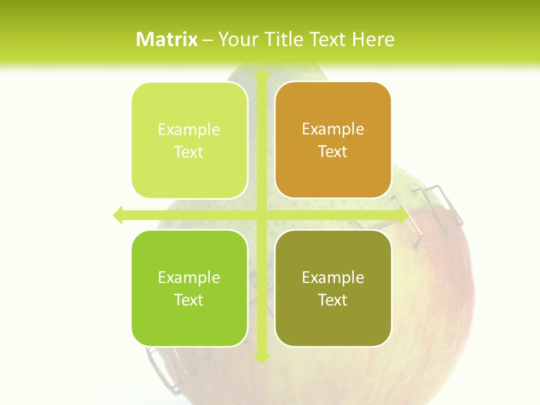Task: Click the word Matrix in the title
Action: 167,39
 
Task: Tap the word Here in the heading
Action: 373,39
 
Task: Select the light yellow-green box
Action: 190,141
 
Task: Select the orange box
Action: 333,140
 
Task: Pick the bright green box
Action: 190,288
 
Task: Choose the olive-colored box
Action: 333,288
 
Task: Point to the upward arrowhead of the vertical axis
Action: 261,74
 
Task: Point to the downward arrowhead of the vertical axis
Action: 261,358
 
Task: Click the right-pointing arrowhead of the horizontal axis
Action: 404,215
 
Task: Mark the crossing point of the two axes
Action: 261,215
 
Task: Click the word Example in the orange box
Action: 333,129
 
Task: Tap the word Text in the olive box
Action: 333,300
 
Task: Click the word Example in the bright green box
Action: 189,277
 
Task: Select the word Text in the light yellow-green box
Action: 189,152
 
